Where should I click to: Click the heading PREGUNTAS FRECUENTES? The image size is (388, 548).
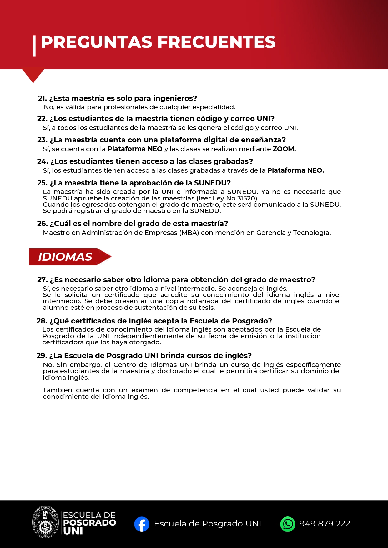tap(158, 42)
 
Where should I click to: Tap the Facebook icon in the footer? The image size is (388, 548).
tap(142, 524)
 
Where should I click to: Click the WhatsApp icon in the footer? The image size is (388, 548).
tap(287, 524)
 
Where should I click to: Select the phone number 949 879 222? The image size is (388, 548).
tap(325, 524)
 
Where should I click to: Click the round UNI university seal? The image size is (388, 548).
tap(46, 522)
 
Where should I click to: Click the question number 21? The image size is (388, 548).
tap(42, 98)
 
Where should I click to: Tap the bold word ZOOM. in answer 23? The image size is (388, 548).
tap(284, 149)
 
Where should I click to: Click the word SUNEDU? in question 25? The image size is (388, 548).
tap(212, 183)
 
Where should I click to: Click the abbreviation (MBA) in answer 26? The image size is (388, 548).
tap(189, 233)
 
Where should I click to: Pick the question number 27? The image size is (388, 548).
tap(42, 280)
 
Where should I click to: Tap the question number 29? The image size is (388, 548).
tap(42, 356)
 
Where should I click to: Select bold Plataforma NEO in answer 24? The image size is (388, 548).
tap(295, 170)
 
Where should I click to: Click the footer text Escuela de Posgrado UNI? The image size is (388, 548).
tap(207, 524)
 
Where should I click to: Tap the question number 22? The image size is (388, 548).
tap(42, 119)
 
